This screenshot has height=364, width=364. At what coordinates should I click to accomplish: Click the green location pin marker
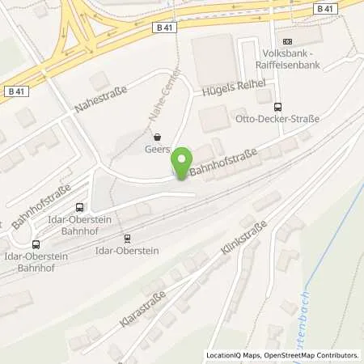tap(184, 163)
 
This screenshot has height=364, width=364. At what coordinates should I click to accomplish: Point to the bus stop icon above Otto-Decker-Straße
tap(278, 106)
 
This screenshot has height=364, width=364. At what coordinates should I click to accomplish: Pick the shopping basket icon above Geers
tap(158, 136)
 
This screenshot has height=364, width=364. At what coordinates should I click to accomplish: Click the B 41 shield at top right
tap(325, 9)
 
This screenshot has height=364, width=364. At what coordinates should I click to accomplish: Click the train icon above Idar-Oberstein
tap(127, 238)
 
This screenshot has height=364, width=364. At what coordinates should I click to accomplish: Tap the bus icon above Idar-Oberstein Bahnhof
tap(79, 208)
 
